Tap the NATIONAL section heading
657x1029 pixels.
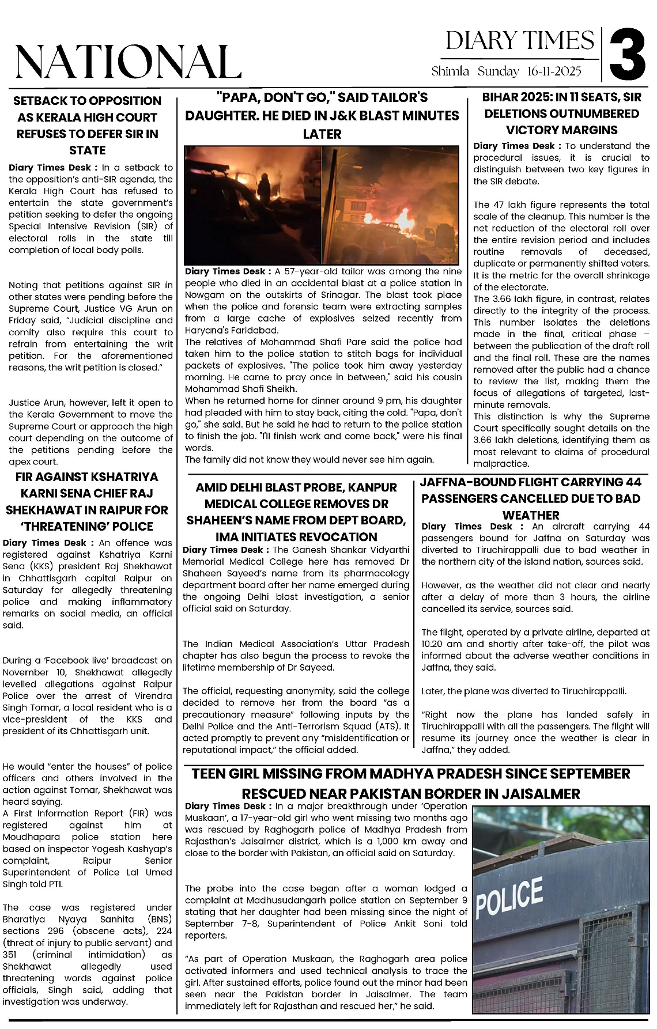pyautogui.click(x=128, y=62)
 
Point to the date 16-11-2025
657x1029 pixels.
pyautogui.click(x=554, y=71)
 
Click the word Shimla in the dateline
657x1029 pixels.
pyautogui.click(x=450, y=71)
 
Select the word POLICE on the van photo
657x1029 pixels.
pyautogui.click(x=509, y=898)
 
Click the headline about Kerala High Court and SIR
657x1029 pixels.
pyautogui.click(x=87, y=125)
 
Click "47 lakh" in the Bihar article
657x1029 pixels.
pyautogui.click(x=511, y=205)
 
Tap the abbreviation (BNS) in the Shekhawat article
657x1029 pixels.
pyautogui.click(x=159, y=919)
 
